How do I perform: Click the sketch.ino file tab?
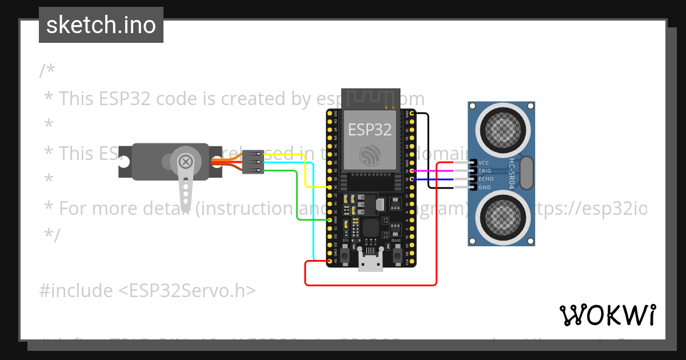tap(101, 25)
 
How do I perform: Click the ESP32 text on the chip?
tap(370, 129)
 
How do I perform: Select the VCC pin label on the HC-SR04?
tap(484, 163)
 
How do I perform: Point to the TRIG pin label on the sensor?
tap(485, 171)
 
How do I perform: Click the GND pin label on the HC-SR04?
tap(484, 187)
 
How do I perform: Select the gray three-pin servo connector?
tap(253, 163)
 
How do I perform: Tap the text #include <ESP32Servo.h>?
tap(147, 291)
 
